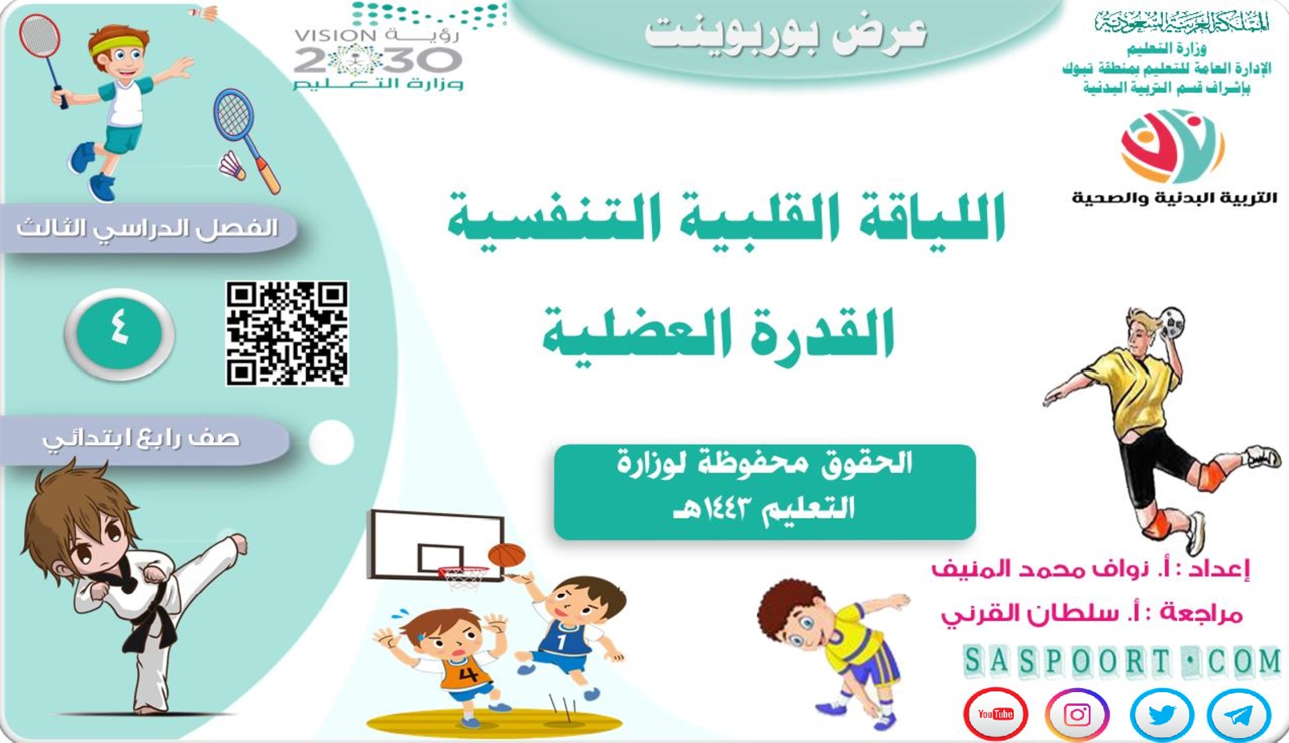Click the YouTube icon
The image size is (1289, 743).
coord(995,714)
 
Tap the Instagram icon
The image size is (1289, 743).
coord(1077,714)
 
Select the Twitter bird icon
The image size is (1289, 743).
coord(1161,714)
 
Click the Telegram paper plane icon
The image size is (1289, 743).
coord(1239,715)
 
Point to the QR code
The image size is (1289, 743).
coord(287,333)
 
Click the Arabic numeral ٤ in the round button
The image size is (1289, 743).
coord(119,329)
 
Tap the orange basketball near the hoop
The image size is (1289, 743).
coord(506,556)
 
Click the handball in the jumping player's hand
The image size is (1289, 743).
coord(1171,323)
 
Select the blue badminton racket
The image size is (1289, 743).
coord(245,138)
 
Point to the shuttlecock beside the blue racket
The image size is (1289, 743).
coord(232,165)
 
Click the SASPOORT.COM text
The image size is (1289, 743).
coord(1122,661)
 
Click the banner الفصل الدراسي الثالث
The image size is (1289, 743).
coord(148,228)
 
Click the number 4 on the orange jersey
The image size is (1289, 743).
coord(468,673)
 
